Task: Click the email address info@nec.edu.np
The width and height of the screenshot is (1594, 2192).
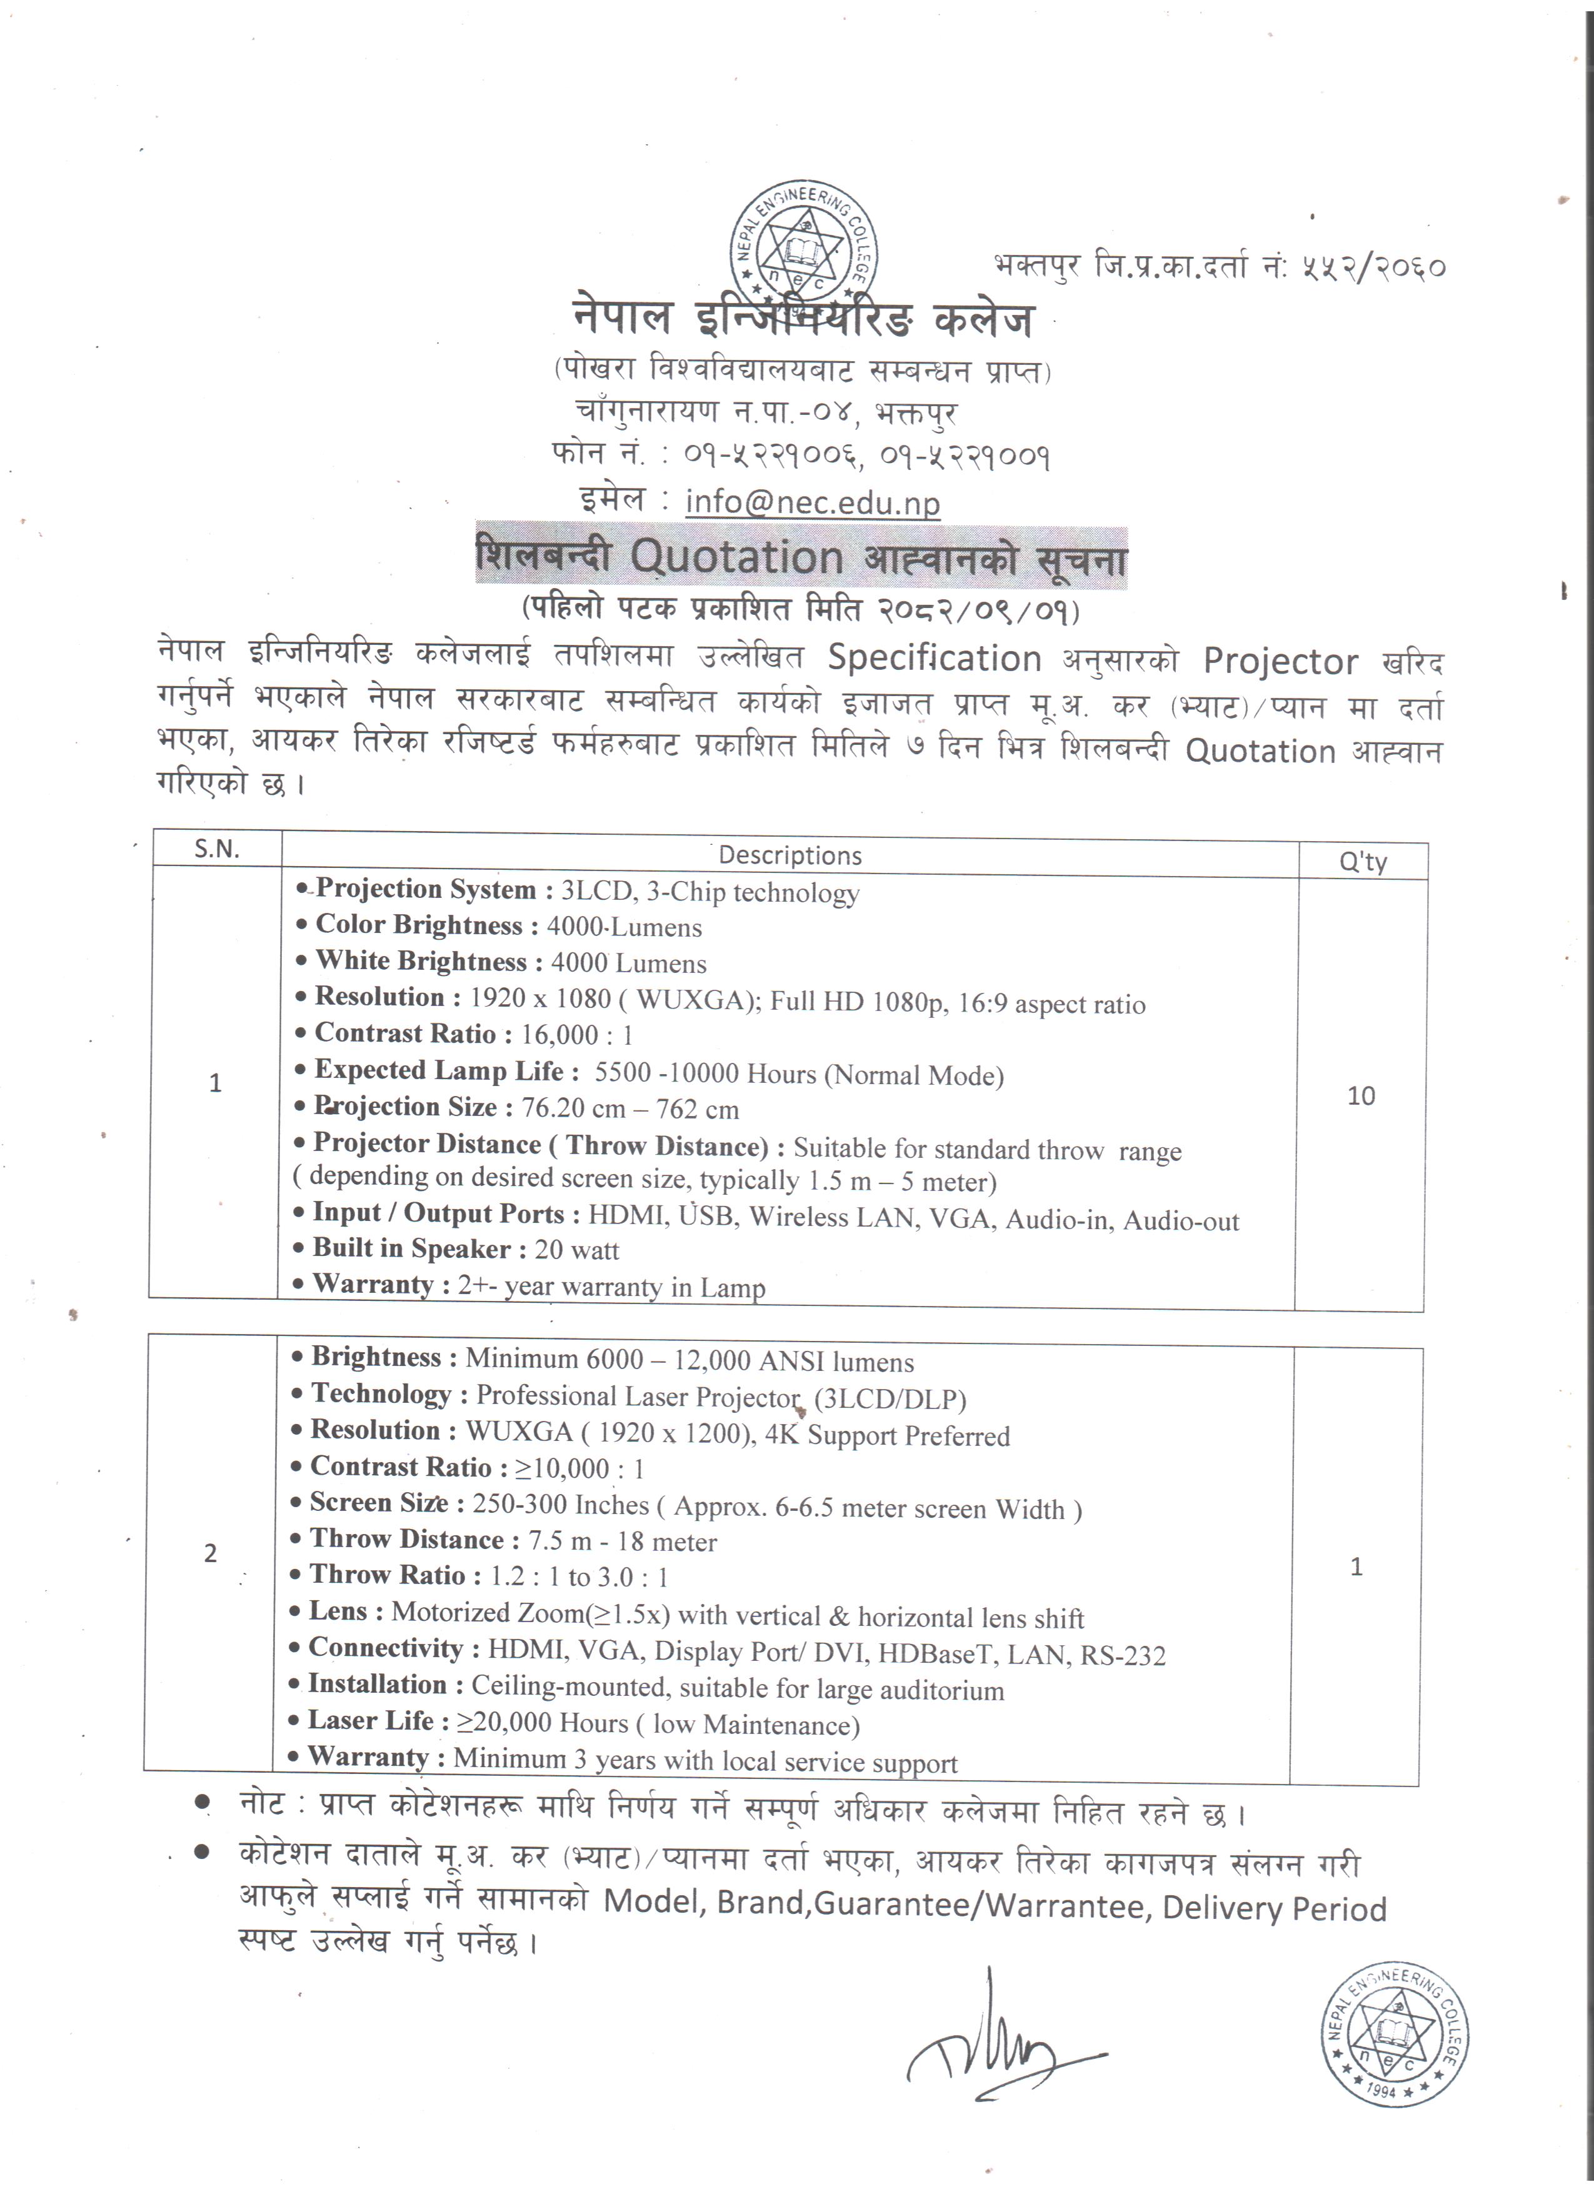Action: (812, 502)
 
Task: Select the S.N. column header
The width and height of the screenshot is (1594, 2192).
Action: (216, 849)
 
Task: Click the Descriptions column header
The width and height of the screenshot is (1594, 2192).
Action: (789, 855)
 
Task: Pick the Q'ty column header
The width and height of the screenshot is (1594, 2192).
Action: (1362, 861)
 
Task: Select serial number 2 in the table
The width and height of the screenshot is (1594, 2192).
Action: (211, 1552)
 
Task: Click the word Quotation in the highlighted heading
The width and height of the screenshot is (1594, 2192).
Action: (736, 557)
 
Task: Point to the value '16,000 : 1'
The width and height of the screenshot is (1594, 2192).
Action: (576, 1035)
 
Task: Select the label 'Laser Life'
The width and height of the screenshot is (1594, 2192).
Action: (370, 1720)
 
